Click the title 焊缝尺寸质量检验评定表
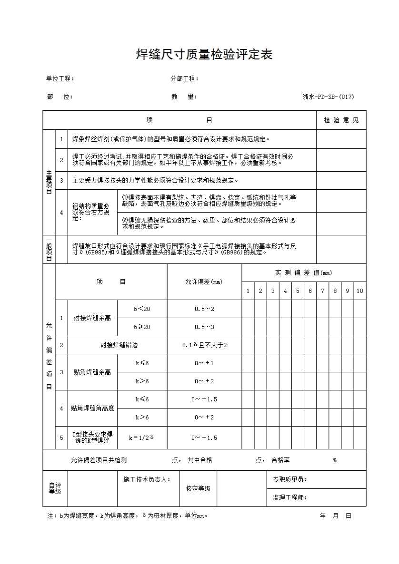point(204,55)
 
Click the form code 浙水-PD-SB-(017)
point(328,97)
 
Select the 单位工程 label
point(60,79)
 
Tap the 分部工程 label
point(184,79)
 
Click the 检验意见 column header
point(341,120)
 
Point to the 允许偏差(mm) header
point(204,282)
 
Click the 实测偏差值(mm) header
point(303,272)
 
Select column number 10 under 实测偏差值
point(359,291)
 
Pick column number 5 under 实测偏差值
point(298,291)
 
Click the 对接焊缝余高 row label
point(92,318)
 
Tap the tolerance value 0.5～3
point(204,327)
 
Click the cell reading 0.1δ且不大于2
point(204,345)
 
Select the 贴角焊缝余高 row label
point(92,372)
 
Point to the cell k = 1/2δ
point(142,438)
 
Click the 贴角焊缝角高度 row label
point(92,408)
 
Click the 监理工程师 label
point(289,497)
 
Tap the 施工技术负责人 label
point(143,479)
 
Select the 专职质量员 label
point(289,479)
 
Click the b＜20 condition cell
point(142,309)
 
